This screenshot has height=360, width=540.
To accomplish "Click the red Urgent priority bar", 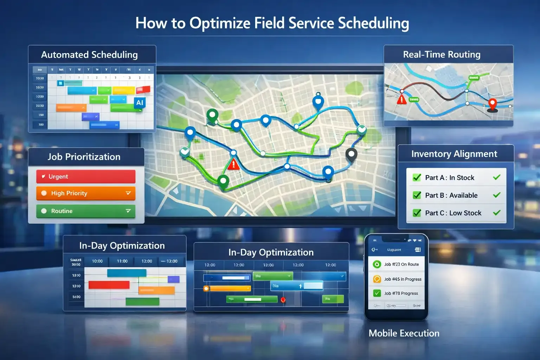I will pyautogui.click(x=85, y=176).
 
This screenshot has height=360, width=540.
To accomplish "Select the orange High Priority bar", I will pyautogui.click(x=85, y=193).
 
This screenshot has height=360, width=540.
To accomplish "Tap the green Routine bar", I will pyautogui.click(x=85, y=211).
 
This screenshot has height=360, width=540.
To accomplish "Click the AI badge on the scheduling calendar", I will pyautogui.click(x=140, y=103).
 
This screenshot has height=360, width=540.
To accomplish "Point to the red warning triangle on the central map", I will pyautogui.click(x=233, y=165).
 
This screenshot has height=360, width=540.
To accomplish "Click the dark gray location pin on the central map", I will pyautogui.click(x=351, y=154).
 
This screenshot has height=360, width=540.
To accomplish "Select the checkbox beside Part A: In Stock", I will pyautogui.click(x=417, y=178).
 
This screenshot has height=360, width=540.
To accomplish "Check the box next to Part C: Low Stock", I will pyautogui.click(x=417, y=213).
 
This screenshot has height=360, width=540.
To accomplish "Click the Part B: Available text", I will pyautogui.click(x=451, y=195).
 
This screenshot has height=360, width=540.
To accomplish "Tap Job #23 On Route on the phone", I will pyautogui.click(x=401, y=264).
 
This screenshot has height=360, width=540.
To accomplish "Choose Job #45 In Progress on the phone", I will pyautogui.click(x=403, y=279).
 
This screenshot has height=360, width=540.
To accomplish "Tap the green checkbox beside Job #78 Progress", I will pyautogui.click(x=377, y=293).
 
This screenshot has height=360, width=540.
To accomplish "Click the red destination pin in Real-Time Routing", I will pyautogui.click(x=493, y=104).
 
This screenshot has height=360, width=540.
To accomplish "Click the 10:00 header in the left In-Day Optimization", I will pyautogui.click(x=97, y=261).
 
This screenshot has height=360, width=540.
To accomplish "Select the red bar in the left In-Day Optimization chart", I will pyautogui.click(x=109, y=285).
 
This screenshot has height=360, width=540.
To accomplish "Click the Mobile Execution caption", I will pyautogui.click(x=404, y=333).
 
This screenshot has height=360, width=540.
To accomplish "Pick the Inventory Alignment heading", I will pyautogui.click(x=454, y=154).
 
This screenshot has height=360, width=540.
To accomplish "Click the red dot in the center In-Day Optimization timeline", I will pyautogui.click(x=283, y=300).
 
